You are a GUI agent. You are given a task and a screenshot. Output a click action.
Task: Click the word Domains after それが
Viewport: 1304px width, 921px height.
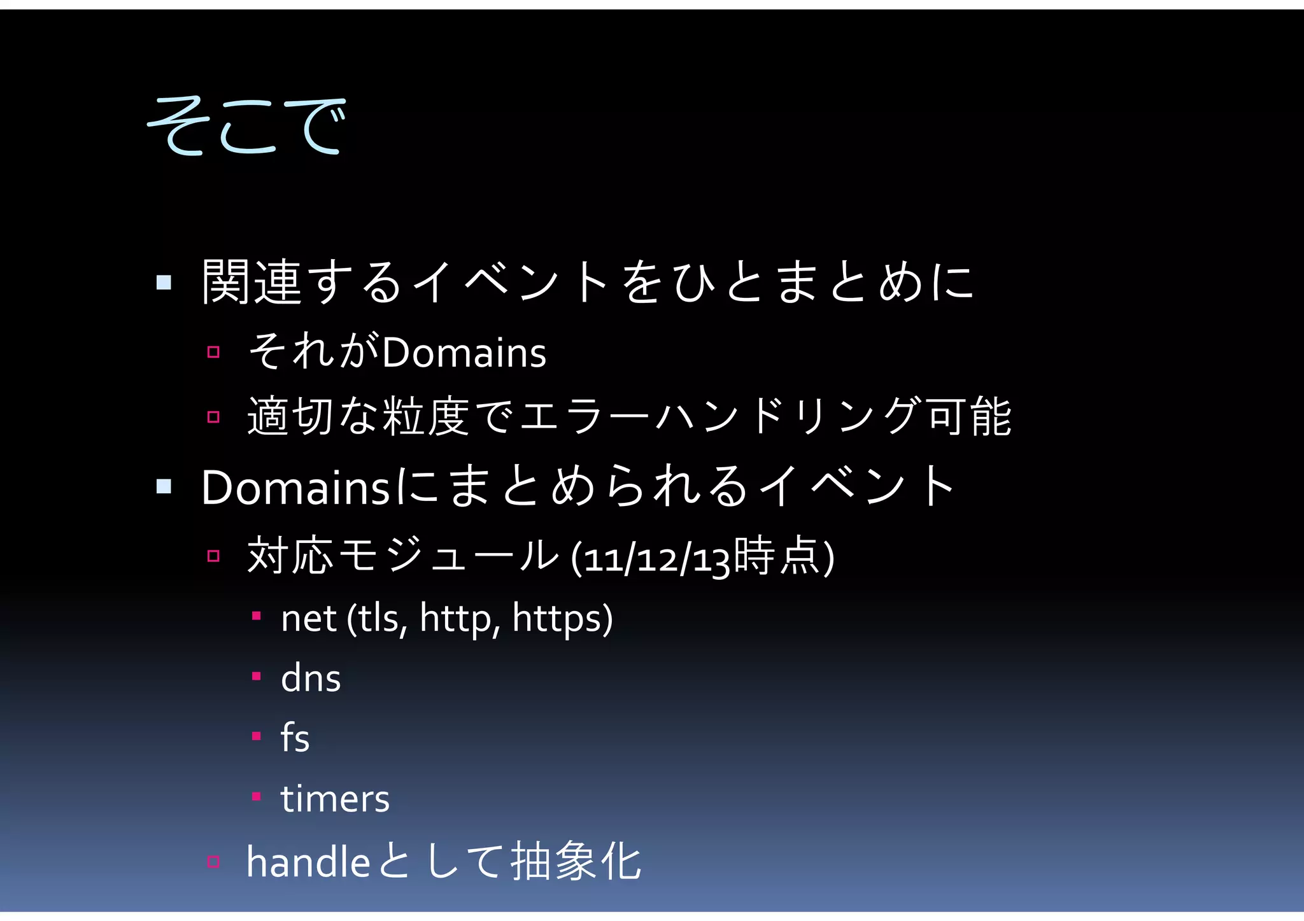point(464,353)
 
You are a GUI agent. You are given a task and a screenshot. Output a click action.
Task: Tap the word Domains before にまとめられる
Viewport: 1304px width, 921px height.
point(295,488)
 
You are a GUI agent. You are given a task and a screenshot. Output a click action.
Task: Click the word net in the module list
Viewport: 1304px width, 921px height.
point(309,619)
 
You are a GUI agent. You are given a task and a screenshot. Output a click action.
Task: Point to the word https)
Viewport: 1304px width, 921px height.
point(563,619)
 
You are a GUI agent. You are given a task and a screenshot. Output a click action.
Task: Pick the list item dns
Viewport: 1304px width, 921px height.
point(311,678)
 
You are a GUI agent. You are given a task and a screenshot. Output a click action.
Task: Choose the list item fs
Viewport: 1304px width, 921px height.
point(295,738)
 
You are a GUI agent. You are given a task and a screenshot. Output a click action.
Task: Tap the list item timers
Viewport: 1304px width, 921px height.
point(335,799)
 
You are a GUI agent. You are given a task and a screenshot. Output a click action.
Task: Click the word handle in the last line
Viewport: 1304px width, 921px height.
point(308,863)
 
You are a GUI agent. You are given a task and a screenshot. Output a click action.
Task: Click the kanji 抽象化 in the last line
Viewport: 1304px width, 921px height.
point(576,862)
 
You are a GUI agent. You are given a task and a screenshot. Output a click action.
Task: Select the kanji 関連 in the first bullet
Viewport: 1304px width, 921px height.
point(251,282)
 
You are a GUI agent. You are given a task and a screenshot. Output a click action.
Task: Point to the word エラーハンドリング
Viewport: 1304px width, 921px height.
point(721,417)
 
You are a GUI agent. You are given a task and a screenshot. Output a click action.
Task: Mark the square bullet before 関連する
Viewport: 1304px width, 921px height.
point(164,282)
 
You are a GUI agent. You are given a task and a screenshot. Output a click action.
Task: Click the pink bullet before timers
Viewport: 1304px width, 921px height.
point(256,796)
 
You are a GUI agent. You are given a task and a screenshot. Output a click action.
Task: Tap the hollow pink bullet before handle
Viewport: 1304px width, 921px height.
point(213,862)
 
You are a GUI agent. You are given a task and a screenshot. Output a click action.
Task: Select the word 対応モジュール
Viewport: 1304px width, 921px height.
point(403,556)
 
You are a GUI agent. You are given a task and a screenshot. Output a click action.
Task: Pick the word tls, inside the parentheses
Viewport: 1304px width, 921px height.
point(383,619)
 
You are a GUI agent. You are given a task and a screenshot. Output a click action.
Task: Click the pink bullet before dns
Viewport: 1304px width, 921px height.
point(256,676)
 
